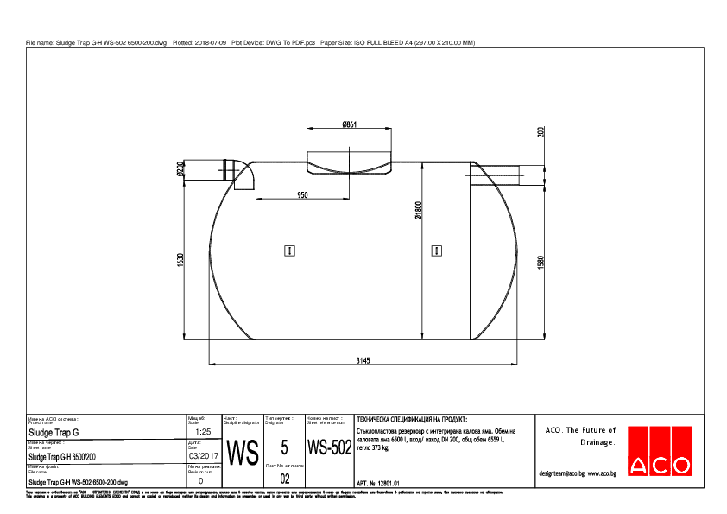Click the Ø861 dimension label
[x=350, y=124]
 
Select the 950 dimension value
[x=302, y=195]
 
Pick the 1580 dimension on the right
[x=541, y=262]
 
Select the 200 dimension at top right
[x=541, y=132]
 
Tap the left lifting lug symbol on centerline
[x=290, y=251]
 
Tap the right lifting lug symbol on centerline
[x=436, y=251]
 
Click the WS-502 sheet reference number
[x=328, y=448]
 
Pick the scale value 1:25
[x=204, y=431]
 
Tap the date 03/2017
[x=204, y=455]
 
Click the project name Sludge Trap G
[x=54, y=431]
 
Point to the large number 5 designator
[x=284, y=447]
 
